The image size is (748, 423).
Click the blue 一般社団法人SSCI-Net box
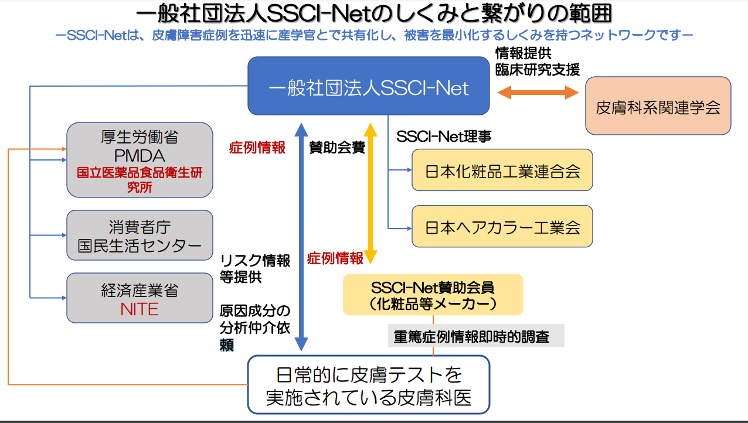pos(368,87)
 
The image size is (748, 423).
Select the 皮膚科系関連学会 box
pos(658,107)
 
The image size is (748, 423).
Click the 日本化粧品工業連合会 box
pos(502,170)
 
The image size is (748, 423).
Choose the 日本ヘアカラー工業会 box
pos(502,227)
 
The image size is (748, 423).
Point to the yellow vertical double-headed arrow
pos(370,193)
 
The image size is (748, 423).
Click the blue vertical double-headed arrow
pos(300,234)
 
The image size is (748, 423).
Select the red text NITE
pos(140,309)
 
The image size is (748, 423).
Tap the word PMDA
pos(140,156)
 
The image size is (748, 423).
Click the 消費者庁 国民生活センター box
pos(140,236)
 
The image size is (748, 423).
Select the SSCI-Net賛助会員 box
pos(433,295)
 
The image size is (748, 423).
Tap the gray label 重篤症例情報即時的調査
pos(476,336)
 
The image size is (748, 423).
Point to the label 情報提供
pos(523,53)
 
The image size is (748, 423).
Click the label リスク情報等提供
pos(255,269)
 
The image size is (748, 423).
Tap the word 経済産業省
pos(140,291)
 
